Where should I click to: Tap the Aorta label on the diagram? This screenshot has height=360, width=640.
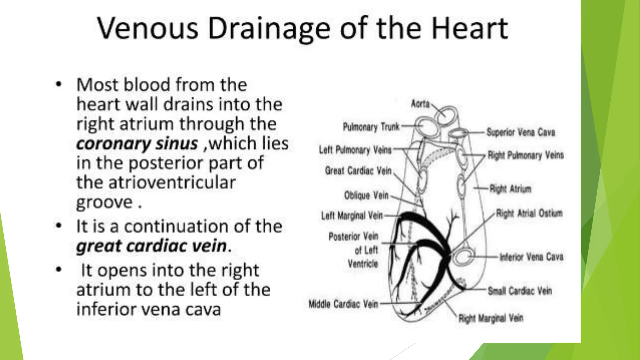click(420, 104)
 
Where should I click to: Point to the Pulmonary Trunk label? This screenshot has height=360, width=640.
click(371, 127)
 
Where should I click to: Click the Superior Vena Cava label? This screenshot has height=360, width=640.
click(521, 132)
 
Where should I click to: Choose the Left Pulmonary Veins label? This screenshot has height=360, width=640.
click(355, 150)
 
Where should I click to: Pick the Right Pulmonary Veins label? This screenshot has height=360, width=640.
click(526, 155)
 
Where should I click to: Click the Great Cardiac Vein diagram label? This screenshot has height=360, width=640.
click(358, 171)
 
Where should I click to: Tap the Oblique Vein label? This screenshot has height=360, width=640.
click(366, 196)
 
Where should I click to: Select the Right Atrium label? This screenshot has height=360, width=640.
click(510, 189)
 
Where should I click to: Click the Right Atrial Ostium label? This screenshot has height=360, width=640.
click(529, 213)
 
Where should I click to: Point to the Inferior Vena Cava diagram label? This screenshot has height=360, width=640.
click(531, 257)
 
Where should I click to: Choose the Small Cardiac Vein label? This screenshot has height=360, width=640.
click(520, 291)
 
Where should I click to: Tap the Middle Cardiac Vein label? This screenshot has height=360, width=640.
click(343, 304)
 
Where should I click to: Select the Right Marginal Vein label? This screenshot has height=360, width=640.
click(491, 318)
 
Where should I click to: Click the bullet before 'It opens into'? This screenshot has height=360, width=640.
click(58, 269)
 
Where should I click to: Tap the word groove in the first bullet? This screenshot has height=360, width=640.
click(105, 202)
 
